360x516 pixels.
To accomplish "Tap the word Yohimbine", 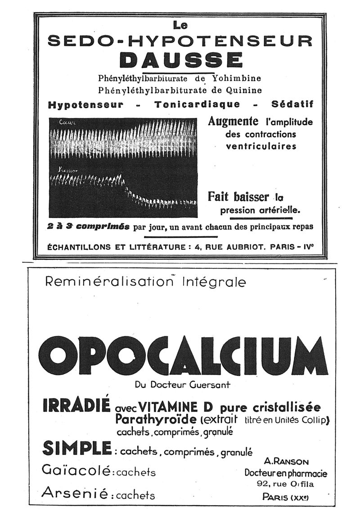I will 237,78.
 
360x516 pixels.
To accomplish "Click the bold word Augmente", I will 233,122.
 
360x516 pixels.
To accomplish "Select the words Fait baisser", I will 238,197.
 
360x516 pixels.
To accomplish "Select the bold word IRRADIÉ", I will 76,406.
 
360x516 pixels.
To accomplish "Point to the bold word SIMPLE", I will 76,448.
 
